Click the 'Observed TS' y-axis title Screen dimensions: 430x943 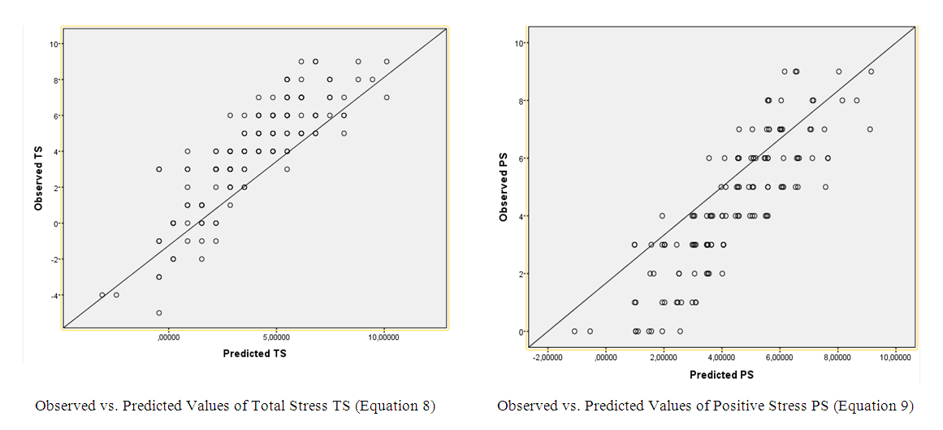click(38, 179)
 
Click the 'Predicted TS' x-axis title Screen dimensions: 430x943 click(255, 354)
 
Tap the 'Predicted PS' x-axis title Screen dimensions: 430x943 click(721, 375)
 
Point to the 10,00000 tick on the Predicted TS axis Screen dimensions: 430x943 click(383, 337)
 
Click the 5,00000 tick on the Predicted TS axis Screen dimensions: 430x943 click(276, 337)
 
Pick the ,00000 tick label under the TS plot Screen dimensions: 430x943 click(168, 337)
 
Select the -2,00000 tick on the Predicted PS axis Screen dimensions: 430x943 click(547, 358)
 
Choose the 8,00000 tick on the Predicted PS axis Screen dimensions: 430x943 click(837, 358)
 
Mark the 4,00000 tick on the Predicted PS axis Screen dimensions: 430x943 click(720, 358)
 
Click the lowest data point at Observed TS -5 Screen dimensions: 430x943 click(159, 313)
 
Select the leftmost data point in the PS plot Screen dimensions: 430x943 click(574, 331)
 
